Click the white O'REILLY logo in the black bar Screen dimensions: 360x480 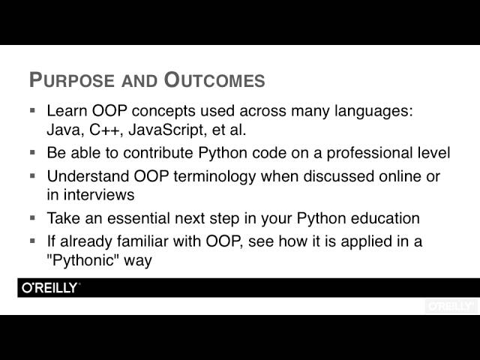tap(49, 288)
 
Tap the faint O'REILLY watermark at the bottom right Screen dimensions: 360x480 tap(450, 306)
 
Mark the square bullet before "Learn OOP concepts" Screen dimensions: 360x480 tap(32, 109)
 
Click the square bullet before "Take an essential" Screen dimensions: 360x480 tap(32, 218)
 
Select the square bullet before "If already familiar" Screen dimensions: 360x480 tap(32, 241)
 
